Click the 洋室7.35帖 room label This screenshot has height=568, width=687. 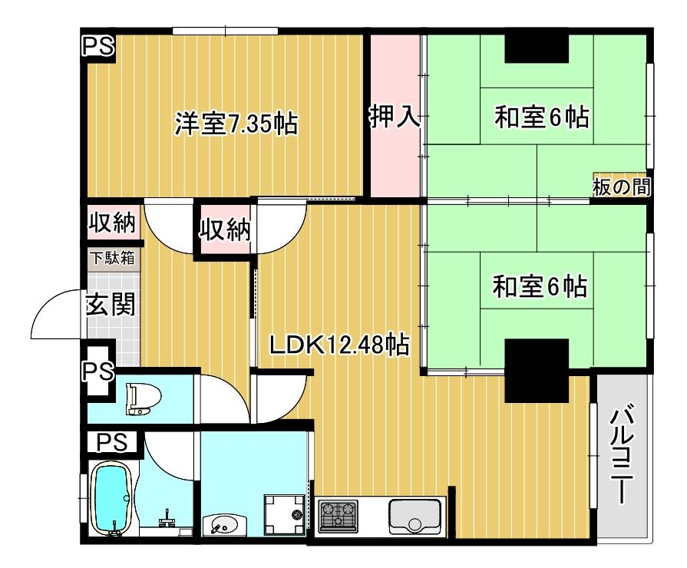pyautogui.click(x=236, y=124)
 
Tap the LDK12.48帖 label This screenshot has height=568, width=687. pyautogui.click(x=339, y=345)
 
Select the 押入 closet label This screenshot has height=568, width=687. pyautogui.click(x=395, y=117)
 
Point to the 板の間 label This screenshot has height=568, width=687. pyautogui.click(x=621, y=187)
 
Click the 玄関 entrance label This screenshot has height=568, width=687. pyautogui.click(x=110, y=304)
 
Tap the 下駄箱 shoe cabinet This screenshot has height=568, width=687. pyautogui.click(x=112, y=258)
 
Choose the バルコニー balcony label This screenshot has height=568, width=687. pyautogui.click(x=623, y=456)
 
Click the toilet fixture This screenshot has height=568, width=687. pyautogui.click(x=144, y=399)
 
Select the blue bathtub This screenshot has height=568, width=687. pyautogui.click(x=114, y=499)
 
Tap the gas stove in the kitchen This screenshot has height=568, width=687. pyautogui.click(x=338, y=514)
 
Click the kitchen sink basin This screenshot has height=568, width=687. pyautogui.click(x=415, y=517)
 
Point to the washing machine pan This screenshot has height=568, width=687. pyautogui.click(x=284, y=514)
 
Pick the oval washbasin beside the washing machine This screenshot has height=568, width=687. pyautogui.click(x=221, y=524)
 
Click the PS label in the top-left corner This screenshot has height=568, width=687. pyautogui.click(x=98, y=45)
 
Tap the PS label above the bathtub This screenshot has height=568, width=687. pyautogui.click(x=112, y=442)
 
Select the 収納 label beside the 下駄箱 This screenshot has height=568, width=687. pyautogui.click(x=112, y=223)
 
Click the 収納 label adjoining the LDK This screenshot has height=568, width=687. pyautogui.click(x=225, y=229)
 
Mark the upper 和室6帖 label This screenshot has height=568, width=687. pyautogui.click(x=541, y=117)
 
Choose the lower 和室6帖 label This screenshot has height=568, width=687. pyautogui.click(x=540, y=286)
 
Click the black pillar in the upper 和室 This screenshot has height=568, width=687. pyautogui.click(x=537, y=48)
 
